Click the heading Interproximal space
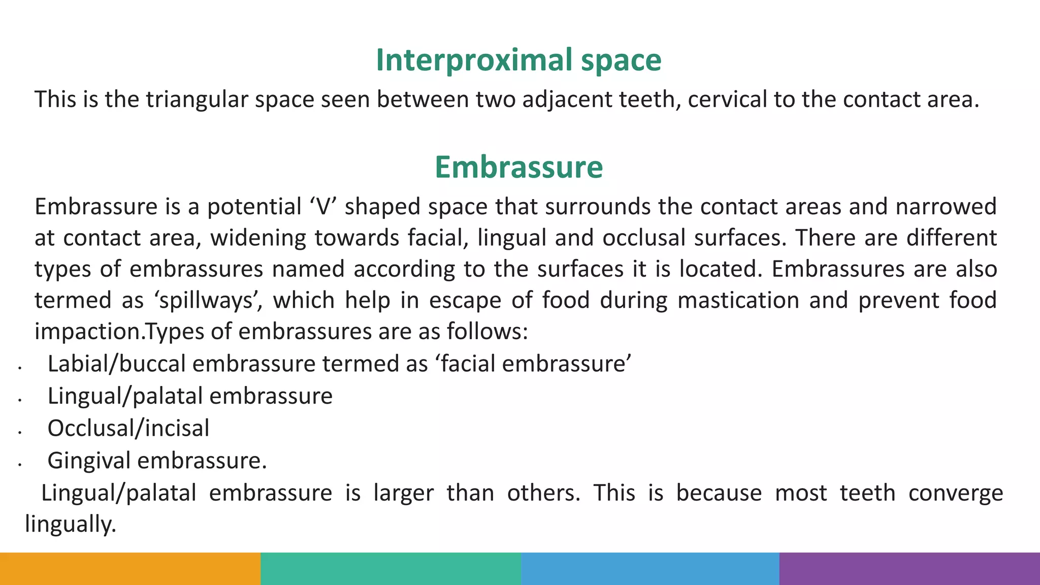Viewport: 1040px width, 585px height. [518, 60]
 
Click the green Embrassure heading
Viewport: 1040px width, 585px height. [518, 167]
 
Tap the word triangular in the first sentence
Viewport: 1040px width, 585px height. [197, 100]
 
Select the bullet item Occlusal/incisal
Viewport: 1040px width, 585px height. [128, 428]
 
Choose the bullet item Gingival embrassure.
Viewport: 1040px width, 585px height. [157, 461]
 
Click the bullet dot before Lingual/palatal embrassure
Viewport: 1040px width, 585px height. [19, 400]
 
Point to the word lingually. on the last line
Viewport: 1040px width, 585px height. [71, 524]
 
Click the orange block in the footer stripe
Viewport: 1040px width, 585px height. [130, 569]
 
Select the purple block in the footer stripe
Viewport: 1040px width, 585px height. [909, 569]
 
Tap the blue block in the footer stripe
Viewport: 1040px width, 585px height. [650, 569]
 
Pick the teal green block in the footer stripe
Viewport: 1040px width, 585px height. [391, 569]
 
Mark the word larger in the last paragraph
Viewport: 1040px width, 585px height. [403, 493]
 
